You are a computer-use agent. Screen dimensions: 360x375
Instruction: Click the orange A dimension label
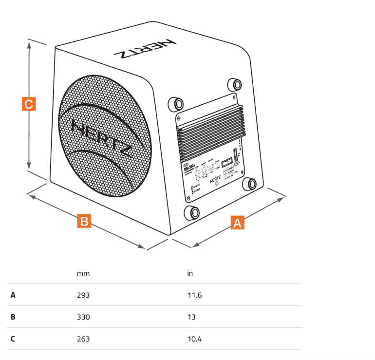(237, 223)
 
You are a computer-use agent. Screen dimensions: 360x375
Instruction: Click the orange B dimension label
(84, 221)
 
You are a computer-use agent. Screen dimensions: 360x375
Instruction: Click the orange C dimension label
(29, 104)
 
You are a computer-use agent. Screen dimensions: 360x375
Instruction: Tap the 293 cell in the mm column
(83, 295)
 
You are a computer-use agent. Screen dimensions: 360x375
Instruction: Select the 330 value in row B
(83, 317)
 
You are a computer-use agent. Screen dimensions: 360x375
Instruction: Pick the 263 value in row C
(83, 339)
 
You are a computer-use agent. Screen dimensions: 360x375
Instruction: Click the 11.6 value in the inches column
(194, 295)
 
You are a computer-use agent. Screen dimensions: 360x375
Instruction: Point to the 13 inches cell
(191, 317)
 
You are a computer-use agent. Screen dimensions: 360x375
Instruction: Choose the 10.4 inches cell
(194, 339)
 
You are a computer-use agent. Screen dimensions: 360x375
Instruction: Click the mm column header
(83, 273)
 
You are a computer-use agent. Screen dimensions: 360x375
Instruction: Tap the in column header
(190, 273)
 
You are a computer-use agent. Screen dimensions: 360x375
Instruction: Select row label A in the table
(13, 295)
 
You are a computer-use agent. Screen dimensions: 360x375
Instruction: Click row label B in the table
(13, 317)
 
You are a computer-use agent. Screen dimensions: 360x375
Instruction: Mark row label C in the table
(13, 339)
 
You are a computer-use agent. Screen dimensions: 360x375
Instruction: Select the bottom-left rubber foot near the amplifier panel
(191, 212)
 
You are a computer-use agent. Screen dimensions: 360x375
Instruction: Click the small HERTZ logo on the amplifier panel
(215, 179)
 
